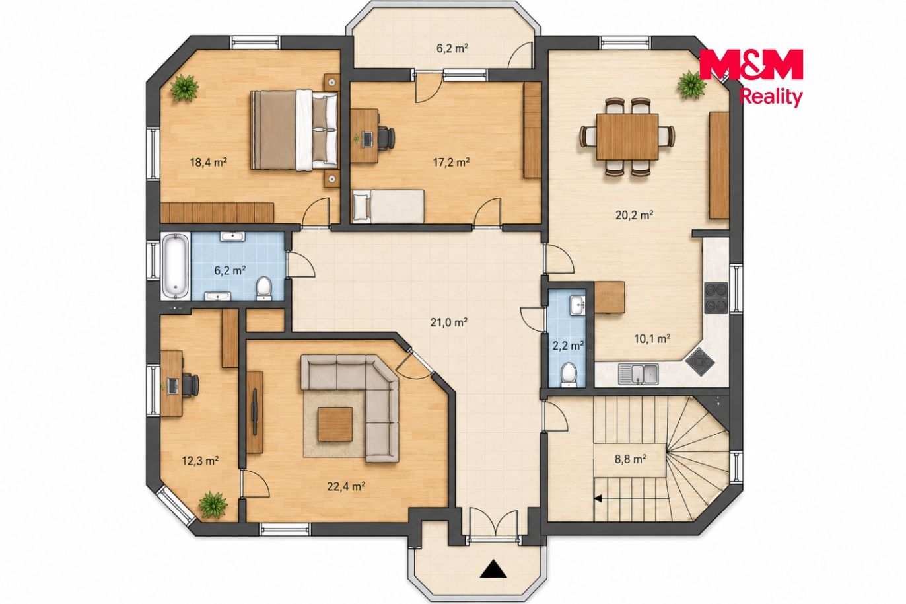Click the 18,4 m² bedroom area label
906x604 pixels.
[208, 163]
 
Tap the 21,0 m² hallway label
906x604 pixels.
[449, 322]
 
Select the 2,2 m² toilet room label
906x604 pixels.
[568, 346]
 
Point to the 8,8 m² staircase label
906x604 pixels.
[630, 459]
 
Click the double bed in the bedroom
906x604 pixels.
[294, 130]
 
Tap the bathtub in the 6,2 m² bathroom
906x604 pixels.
[176, 266]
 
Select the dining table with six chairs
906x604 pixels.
[627, 136]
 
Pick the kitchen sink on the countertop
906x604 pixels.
[639, 373]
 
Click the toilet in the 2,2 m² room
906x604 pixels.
[569, 373]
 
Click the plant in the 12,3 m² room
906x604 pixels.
[213, 504]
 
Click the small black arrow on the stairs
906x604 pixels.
[598, 498]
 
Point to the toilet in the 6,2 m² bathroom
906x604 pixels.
[265, 288]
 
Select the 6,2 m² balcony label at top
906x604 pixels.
[452, 48]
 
